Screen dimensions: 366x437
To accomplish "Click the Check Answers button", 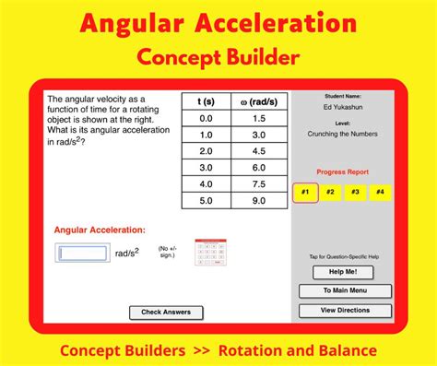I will pos(166,313).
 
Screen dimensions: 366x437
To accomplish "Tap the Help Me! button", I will pos(342,272).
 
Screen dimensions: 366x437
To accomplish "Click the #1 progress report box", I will pos(304,193).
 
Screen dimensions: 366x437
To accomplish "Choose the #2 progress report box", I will pos(329,193).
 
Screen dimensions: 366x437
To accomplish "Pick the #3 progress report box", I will pos(354,193).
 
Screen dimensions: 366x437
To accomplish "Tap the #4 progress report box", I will pos(379,193).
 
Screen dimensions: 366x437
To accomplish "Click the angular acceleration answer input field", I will pos(83,253).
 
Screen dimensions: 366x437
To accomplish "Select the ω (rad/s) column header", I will pos(258,102).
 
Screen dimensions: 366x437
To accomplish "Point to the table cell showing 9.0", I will pos(258,199).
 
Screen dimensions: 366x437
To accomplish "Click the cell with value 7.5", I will pos(258,183).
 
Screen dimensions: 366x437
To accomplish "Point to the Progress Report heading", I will pos(342,172).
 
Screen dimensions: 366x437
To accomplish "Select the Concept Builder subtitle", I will pos(218,57).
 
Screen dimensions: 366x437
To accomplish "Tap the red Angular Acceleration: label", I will pos(100,230).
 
